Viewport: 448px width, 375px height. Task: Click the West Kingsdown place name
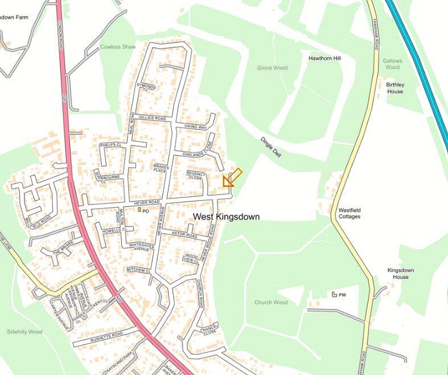(226, 217)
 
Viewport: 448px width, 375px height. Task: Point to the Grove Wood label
(272, 68)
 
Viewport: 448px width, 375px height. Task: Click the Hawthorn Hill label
(325, 58)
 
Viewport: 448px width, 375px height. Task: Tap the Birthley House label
(394, 88)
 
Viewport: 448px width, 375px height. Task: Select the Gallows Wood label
(392, 64)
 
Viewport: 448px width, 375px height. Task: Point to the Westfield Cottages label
(349, 213)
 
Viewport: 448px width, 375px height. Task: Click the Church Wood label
(271, 302)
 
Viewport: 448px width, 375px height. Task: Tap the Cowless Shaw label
(118, 47)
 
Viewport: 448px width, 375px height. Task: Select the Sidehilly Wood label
(25, 331)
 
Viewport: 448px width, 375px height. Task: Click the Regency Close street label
(195, 176)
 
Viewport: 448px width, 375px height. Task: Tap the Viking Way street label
(195, 127)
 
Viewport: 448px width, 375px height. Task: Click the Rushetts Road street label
(105, 337)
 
